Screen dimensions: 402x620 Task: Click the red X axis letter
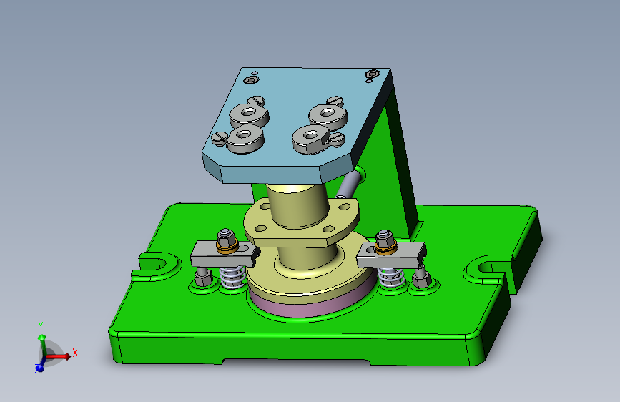(74, 353)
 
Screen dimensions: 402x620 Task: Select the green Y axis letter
(41, 325)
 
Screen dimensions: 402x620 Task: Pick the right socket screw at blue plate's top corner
(371, 74)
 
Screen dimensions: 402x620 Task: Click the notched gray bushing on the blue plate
(311, 137)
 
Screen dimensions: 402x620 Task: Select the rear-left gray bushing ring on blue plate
(247, 114)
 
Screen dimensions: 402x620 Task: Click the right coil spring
(390, 277)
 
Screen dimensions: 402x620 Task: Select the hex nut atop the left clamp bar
(227, 237)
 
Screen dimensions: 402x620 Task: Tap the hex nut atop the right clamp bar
(385, 237)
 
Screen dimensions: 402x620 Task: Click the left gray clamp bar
(223, 252)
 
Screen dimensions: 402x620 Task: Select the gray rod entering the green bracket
(347, 185)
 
